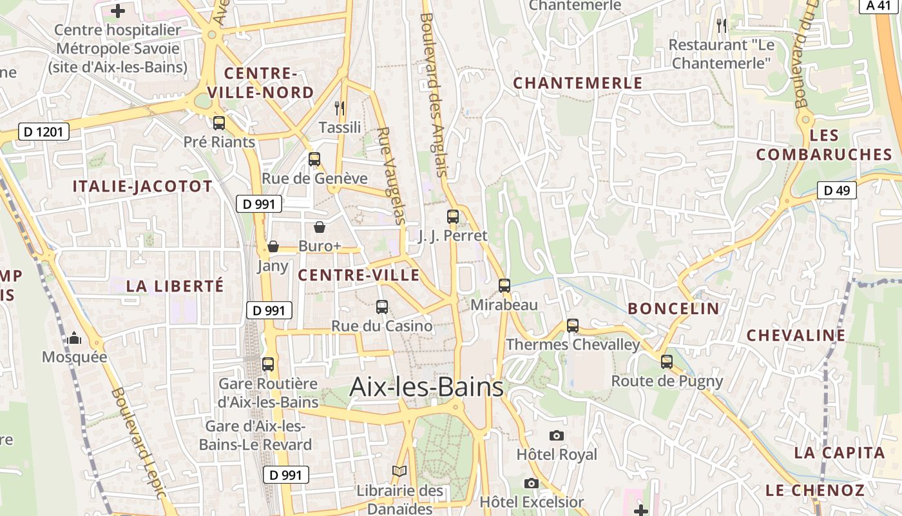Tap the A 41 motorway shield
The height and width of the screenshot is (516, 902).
pos(879,6)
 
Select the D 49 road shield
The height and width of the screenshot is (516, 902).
pos(836,190)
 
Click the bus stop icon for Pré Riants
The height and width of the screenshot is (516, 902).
pos(219,123)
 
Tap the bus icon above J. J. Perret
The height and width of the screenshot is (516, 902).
pos(453,217)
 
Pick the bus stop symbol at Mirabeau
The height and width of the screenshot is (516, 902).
pos(504,285)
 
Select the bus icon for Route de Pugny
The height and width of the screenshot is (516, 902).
pos(667,362)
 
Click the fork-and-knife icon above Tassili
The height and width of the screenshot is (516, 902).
pos(340,108)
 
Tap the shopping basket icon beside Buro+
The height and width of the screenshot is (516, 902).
pos(320,227)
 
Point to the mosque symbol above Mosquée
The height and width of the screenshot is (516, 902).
pos(74,338)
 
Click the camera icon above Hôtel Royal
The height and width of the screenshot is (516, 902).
pos(557,436)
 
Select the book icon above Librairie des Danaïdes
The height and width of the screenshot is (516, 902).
pos(399,471)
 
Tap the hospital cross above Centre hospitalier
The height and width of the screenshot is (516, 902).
pos(118,10)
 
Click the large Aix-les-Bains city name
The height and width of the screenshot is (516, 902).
pos(426,387)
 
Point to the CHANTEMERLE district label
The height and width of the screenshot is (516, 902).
pos(577,83)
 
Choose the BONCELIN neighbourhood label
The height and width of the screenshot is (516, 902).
pos(673,308)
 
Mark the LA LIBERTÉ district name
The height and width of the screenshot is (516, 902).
pos(175,286)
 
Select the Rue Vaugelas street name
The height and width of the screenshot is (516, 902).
pos(391,175)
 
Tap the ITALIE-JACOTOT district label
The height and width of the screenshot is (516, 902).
pos(142,187)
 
